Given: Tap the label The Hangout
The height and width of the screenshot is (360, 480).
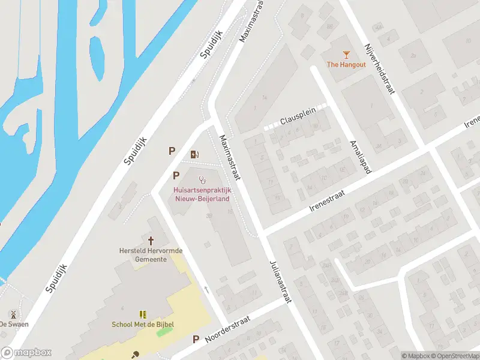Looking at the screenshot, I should (346, 65).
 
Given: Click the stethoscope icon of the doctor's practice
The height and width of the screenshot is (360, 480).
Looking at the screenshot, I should (202, 179).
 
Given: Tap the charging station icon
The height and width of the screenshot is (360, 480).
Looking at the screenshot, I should (194, 154).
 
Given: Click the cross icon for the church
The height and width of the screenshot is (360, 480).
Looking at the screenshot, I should (151, 239).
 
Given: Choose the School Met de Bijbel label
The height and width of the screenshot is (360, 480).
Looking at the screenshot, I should (143, 325).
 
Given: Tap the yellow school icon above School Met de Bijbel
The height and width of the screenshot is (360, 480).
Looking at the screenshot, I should (143, 314).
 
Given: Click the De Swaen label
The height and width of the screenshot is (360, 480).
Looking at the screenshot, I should (13, 324).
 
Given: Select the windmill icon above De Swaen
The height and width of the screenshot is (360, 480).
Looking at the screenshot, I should (12, 314).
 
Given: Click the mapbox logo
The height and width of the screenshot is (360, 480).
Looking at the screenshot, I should (26, 353).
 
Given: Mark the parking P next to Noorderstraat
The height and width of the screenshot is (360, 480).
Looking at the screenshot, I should (196, 340).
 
